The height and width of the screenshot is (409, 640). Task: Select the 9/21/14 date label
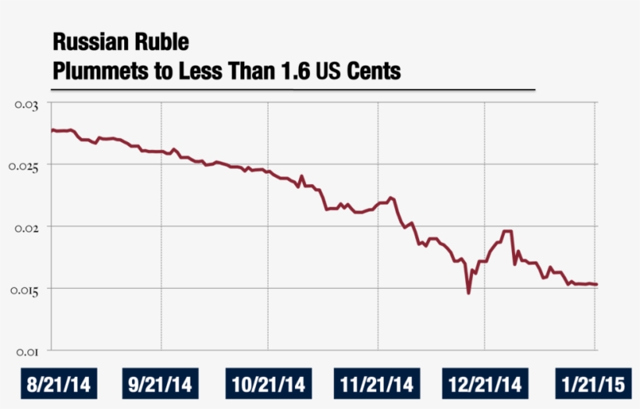[x=161, y=385]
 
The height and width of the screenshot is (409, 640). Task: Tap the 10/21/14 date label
[x=268, y=385]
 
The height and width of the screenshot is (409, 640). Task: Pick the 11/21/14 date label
[x=377, y=385]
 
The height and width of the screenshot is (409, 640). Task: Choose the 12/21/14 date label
[x=485, y=385]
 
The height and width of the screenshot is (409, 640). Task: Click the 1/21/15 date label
[x=594, y=385]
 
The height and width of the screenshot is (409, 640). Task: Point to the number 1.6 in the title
[x=297, y=72]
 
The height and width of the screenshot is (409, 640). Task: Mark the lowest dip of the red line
[x=468, y=293]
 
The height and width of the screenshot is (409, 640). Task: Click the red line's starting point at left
[x=52, y=130]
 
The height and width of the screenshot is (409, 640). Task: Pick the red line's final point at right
[x=596, y=284]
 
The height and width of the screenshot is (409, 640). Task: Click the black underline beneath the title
[x=293, y=89]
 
